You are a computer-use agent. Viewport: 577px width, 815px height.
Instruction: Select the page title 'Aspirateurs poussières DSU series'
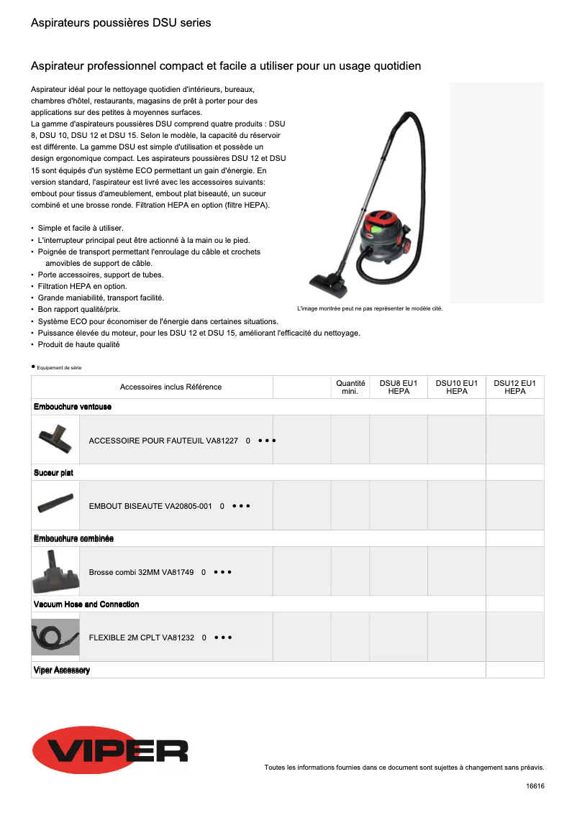pos(121,23)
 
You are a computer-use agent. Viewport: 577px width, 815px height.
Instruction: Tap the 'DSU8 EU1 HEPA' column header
pos(399,387)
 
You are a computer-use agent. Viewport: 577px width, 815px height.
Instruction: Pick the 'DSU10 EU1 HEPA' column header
pos(457,387)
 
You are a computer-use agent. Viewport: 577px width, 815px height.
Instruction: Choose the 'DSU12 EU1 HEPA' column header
pos(515,387)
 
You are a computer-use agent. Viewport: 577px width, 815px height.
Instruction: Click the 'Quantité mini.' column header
pos(350,387)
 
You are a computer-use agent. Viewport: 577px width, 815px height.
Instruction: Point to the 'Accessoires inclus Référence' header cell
pos(171,387)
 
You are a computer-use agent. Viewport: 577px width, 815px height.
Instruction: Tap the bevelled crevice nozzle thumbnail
pos(55,505)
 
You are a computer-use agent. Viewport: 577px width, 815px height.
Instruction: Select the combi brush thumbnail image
pos(55,571)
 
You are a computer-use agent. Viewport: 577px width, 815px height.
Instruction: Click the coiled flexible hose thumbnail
pos(55,637)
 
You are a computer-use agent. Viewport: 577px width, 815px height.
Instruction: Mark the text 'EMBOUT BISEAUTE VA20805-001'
pos(150,506)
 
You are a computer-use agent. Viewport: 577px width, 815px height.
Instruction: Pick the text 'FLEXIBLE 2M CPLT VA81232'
pos(142,637)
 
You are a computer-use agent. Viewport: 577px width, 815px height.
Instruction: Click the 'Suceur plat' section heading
pos(53,473)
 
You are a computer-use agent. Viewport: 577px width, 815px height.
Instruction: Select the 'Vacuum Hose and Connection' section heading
pos(86,604)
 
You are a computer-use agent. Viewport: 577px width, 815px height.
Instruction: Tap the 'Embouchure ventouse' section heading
pos(73,407)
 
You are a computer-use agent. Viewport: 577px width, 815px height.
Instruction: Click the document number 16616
pos(535,786)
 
